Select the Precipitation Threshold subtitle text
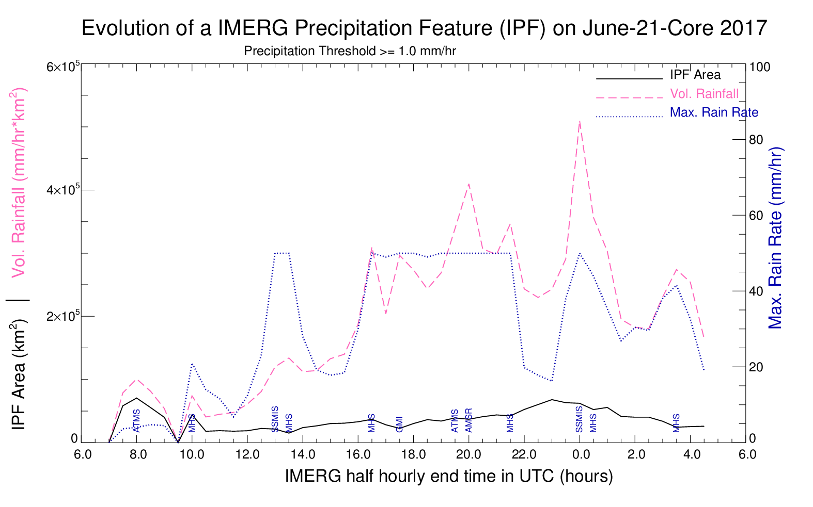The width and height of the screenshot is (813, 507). click(x=350, y=52)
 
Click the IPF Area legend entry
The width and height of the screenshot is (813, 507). click(x=695, y=75)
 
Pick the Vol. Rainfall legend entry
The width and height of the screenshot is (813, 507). click(x=704, y=94)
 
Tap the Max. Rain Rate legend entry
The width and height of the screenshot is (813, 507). click(x=714, y=112)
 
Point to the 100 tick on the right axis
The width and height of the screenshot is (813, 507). click(x=759, y=68)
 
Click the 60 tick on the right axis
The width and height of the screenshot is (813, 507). click(x=756, y=216)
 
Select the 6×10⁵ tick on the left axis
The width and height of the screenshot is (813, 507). click(x=62, y=67)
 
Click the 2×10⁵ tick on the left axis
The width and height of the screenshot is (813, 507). click(x=62, y=316)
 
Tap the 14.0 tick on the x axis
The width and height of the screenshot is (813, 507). click(x=303, y=454)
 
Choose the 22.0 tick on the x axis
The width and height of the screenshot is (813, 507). click(x=524, y=454)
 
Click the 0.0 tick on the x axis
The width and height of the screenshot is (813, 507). click(x=581, y=454)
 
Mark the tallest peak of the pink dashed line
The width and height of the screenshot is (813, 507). click(x=580, y=121)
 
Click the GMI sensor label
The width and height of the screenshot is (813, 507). click(x=399, y=424)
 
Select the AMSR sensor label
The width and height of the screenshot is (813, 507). click(x=468, y=420)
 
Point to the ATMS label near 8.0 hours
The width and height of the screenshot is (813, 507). click(x=137, y=420)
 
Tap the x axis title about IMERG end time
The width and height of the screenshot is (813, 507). click(x=448, y=476)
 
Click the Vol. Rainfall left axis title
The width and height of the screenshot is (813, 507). click(x=19, y=183)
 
